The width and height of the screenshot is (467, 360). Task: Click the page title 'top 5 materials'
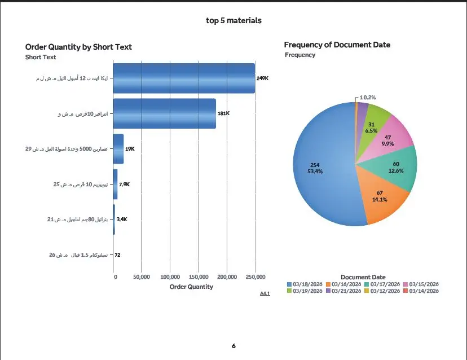233,21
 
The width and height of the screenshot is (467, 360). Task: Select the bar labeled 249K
184,78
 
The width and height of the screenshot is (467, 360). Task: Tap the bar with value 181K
164,113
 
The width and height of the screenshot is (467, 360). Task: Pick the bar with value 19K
118,149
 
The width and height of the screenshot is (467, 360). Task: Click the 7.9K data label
125,185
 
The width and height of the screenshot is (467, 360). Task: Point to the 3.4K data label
121,219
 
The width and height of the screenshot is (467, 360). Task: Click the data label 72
117,255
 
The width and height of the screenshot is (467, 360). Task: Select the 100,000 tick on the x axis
170,277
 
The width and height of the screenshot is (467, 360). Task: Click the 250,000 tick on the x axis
255,277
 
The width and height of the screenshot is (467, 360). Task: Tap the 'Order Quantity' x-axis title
191,287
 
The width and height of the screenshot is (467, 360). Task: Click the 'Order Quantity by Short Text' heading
78,47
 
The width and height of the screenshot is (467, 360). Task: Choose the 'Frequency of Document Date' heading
337,45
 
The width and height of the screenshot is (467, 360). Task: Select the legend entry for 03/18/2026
305,284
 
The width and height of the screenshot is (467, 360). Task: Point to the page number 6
233,345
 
